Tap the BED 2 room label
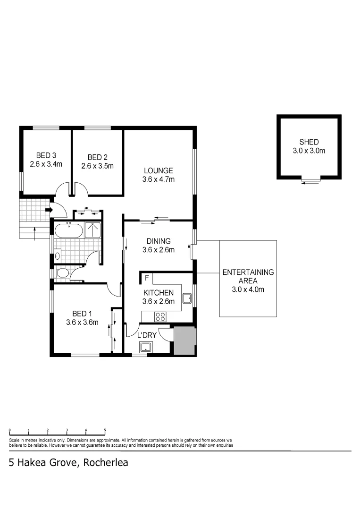(97, 157)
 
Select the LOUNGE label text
(159, 170)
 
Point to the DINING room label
(159, 241)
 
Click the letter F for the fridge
(147, 278)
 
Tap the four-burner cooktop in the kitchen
(160, 316)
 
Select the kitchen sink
(187, 298)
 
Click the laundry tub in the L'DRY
(145, 348)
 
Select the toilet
(61, 273)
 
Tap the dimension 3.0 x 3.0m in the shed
(309, 151)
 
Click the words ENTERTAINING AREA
(248, 276)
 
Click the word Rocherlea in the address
(105, 463)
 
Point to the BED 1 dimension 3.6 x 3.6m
(82, 323)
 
